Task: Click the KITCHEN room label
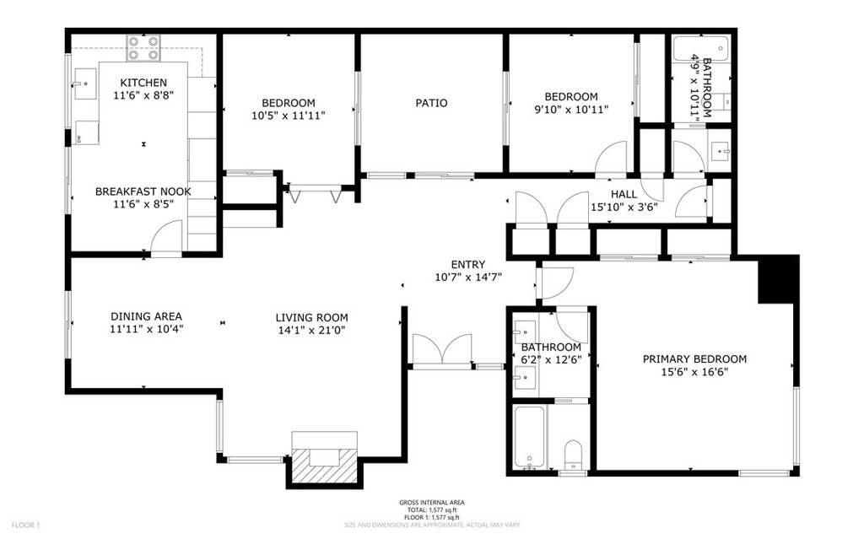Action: [143, 83]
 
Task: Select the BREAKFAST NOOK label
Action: [143, 191]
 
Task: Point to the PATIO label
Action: [431, 103]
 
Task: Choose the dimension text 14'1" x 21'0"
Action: [311, 331]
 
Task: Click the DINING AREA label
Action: [146, 316]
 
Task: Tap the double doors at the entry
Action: [442, 350]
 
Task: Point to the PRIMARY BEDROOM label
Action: [694, 358]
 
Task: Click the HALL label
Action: [624, 194]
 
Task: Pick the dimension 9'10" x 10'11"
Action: [570, 110]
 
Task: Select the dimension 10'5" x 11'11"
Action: [289, 115]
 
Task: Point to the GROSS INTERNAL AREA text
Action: [432, 503]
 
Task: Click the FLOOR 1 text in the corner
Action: [25, 526]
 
